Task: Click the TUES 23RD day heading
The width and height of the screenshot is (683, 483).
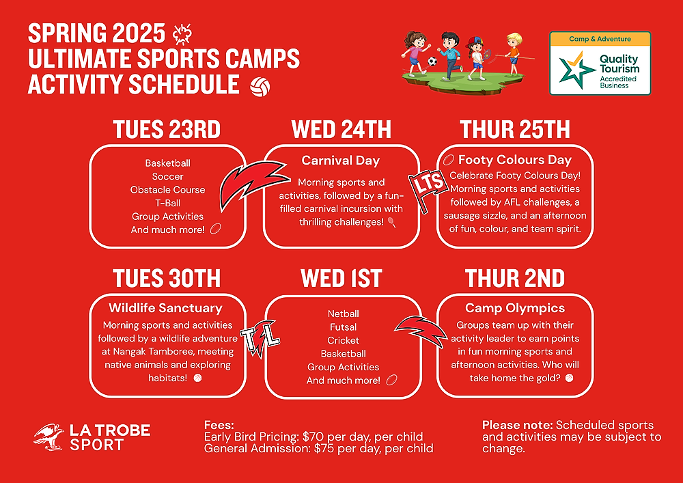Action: pyautogui.click(x=167, y=129)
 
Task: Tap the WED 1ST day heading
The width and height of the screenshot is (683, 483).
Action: pyautogui.click(x=341, y=278)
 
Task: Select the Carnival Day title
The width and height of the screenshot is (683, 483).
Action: pyautogui.click(x=341, y=161)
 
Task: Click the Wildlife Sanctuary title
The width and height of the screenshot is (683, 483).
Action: pyautogui.click(x=165, y=308)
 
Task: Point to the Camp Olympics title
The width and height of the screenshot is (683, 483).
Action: pyautogui.click(x=515, y=308)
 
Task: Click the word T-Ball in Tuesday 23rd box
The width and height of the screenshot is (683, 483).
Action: pyautogui.click(x=168, y=203)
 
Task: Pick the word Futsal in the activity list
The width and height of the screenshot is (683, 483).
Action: pyautogui.click(x=344, y=327)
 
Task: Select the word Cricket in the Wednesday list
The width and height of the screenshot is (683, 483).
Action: pyautogui.click(x=344, y=340)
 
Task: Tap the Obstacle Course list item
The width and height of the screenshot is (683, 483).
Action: pyautogui.click(x=168, y=190)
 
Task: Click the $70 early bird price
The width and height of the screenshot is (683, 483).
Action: pyautogui.click(x=313, y=437)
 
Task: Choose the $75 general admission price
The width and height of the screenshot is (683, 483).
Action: pyautogui.click(x=324, y=448)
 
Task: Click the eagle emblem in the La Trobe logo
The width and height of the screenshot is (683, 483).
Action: pyautogui.click(x=48, y=437)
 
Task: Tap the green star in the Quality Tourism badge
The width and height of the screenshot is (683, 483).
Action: pyautogui.click(x=576, y=70)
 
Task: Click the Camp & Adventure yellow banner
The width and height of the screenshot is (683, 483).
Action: pyautogui.click(x=600, y=39)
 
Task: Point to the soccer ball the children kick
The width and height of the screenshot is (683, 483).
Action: pyautogui.click(x=432, y=61)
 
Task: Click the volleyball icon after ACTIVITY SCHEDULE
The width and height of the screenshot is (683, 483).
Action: pyautogui.click(x=260, y=87)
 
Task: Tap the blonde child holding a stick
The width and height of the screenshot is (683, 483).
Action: pyautogui.click(x=514, y=53)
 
